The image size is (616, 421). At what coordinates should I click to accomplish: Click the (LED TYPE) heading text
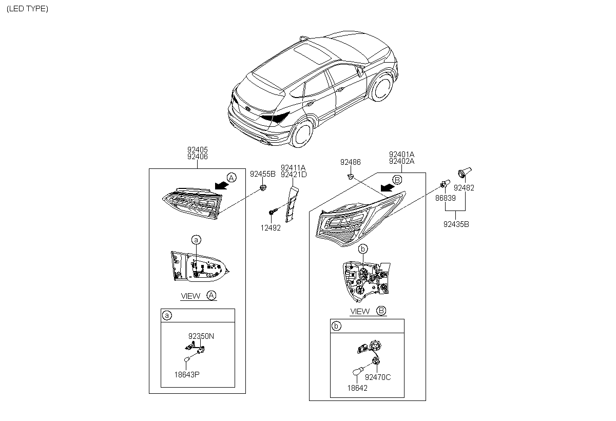point(28,9)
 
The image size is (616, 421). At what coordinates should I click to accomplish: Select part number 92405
point(198,150)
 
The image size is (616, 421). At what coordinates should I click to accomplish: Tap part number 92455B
point(262,174)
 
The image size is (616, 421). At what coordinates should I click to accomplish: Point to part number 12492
point(271,228)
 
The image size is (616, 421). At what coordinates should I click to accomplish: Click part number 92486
point(351,162)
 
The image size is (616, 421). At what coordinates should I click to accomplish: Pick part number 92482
point(465,188)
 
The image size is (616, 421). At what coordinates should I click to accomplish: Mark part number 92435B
point(456,224)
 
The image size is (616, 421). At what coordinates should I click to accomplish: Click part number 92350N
point(201,336)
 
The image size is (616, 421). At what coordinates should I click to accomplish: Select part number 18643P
point(187,374)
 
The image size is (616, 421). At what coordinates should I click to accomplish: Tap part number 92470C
point(378,377)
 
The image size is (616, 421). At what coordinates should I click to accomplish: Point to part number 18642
point(357,388)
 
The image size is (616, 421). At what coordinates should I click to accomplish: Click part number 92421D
point(294,174)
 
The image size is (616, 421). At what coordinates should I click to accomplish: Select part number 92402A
point(401,161)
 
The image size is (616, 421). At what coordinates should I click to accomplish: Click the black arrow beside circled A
point(221,182)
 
